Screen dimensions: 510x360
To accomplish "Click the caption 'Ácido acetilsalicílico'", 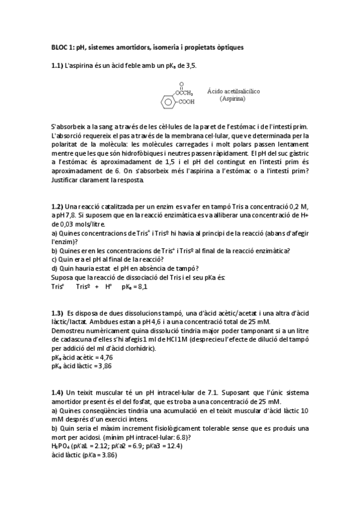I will click(233, 91).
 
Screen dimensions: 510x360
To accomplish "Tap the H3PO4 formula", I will click(61, 446).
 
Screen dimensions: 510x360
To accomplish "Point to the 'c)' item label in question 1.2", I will click(55, 259).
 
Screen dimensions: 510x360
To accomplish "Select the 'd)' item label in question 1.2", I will click(55, 268).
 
